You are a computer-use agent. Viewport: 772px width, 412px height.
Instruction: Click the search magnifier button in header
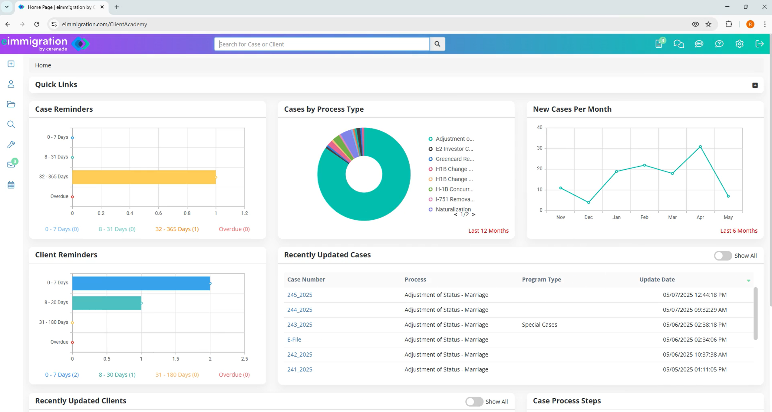437,44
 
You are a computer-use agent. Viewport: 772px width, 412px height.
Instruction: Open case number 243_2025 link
299,325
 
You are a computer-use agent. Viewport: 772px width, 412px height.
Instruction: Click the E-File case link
294,339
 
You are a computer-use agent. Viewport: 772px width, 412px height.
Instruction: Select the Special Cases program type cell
539,325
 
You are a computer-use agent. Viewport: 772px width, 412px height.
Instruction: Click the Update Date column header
657,280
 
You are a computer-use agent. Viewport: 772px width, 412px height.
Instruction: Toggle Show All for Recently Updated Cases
723,256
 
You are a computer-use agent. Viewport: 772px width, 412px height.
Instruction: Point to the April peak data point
700,147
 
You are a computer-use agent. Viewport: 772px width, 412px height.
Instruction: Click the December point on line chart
589,202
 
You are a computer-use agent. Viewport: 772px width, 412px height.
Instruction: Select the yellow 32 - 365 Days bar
144,177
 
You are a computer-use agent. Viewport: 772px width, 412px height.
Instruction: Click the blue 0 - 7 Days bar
141,283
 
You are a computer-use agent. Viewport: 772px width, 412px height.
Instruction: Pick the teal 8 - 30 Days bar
107,303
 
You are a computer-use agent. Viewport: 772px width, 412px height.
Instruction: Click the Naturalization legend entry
453,209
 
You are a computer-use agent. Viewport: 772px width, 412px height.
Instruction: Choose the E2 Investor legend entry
454,149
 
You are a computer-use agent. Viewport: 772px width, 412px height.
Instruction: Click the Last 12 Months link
488,231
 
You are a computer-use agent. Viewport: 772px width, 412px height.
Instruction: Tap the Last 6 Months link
738,231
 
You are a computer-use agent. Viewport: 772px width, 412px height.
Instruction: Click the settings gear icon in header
739,44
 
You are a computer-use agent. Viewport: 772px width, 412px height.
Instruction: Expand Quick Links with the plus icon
755,85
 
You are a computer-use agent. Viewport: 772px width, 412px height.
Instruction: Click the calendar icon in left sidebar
11,185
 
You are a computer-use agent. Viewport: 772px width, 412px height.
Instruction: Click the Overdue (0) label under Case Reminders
234,229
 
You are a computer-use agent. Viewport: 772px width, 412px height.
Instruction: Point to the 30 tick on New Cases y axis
539,148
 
